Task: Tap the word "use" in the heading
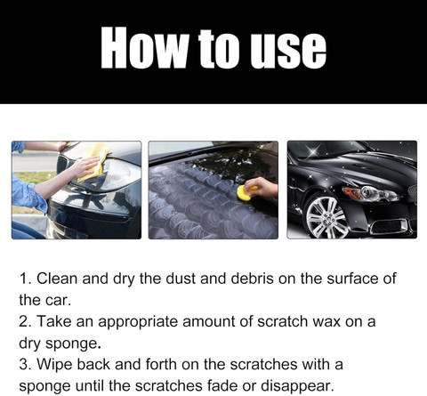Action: click(x=288, y=51)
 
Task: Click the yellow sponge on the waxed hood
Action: click(x=246, y=193)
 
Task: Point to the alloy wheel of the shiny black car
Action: click(x=326, y=217)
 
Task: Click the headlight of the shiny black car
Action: click(x=371, y=193)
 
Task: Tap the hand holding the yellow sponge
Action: click(x=261, y=188)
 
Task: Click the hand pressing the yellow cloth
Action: click(x=84, y=166)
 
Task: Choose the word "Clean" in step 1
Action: click(x=57, y=279)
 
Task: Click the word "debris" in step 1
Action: click(x=252, y=279)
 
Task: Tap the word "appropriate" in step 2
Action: click(x=138, y=322)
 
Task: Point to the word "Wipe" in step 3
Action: click(x=54, y=364)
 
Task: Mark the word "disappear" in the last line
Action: click(x=297, y=386)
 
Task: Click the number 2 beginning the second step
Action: click(x=23, y=322)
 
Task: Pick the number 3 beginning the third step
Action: click(x=23, y=365)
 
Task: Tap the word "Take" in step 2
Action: click(x=54, y=321)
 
